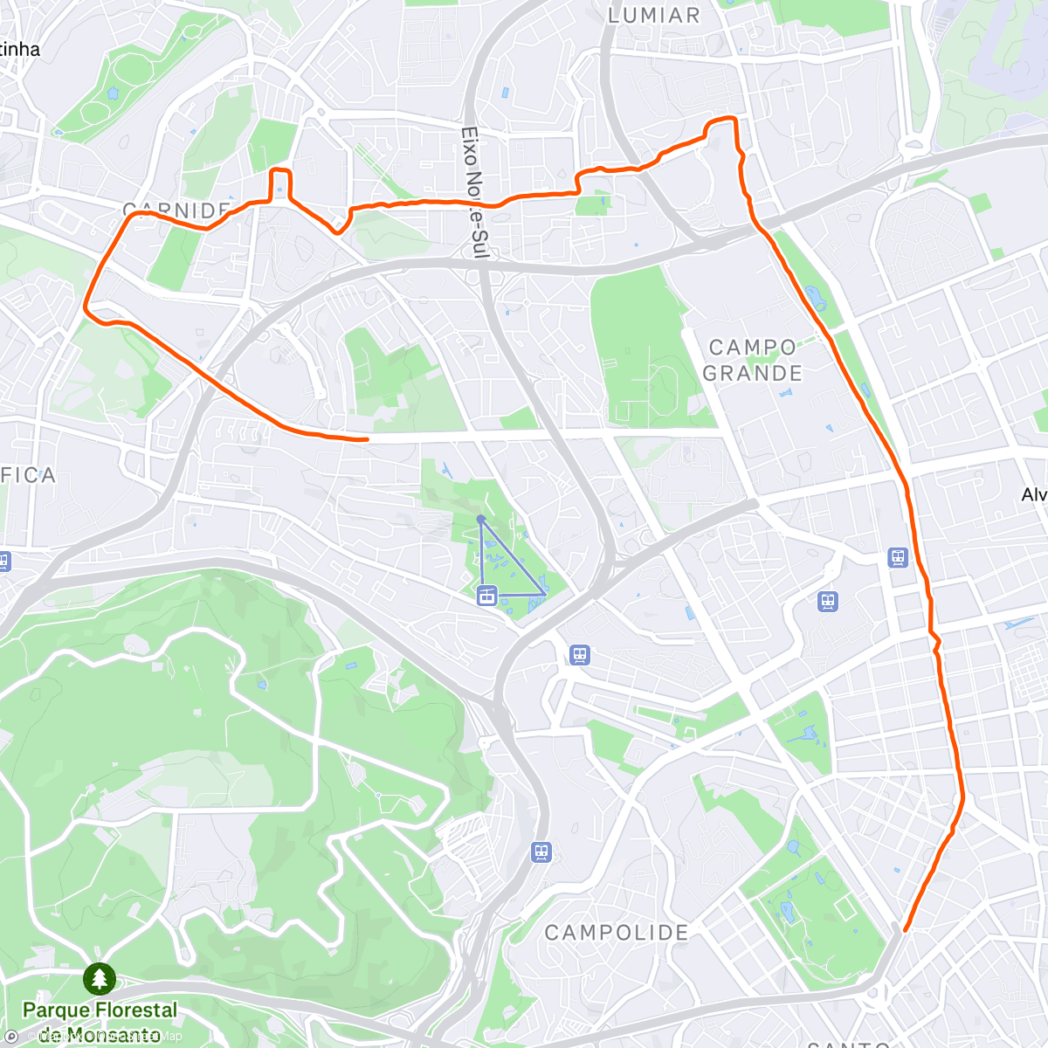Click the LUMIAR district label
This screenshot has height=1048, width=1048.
click(653, 15)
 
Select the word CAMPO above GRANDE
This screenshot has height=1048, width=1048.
click(752, 348)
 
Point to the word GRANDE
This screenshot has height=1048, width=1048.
click(752, 374)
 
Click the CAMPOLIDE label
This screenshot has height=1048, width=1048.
click(617, 933)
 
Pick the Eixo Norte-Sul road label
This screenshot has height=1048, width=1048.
click(472, 193)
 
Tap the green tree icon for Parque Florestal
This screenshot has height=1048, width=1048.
click(100, 979)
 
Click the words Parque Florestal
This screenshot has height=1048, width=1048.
click(100, 1010)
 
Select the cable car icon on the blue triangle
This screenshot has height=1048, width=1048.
click(487, 596)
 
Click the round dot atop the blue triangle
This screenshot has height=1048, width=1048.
click(480, 519)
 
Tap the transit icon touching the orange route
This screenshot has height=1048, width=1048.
click(898, 557)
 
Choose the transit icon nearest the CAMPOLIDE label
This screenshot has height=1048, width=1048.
click(542, 851)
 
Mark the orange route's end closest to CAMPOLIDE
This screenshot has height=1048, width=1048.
click(905, 930)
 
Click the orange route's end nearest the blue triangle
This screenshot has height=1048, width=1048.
click(366, 439)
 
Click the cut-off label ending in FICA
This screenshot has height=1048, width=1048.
click(28, 475)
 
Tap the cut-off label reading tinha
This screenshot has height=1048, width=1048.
click(19, 50)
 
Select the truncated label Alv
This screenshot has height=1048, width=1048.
click(1034, 495)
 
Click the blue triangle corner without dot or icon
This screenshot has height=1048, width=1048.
click(546, 595)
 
